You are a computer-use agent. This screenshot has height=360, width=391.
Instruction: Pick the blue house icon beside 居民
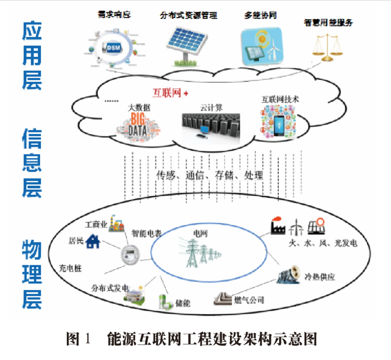click(x=93, y=242)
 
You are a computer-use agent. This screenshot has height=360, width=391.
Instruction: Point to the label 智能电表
click(x=146, y=234)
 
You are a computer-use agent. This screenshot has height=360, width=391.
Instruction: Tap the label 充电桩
click(x=70, y=268)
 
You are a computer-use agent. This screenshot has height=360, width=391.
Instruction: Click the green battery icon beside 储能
click(x=164, y=302)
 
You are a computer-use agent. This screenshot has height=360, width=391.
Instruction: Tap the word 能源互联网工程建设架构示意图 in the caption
click(x=212, y=338)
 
